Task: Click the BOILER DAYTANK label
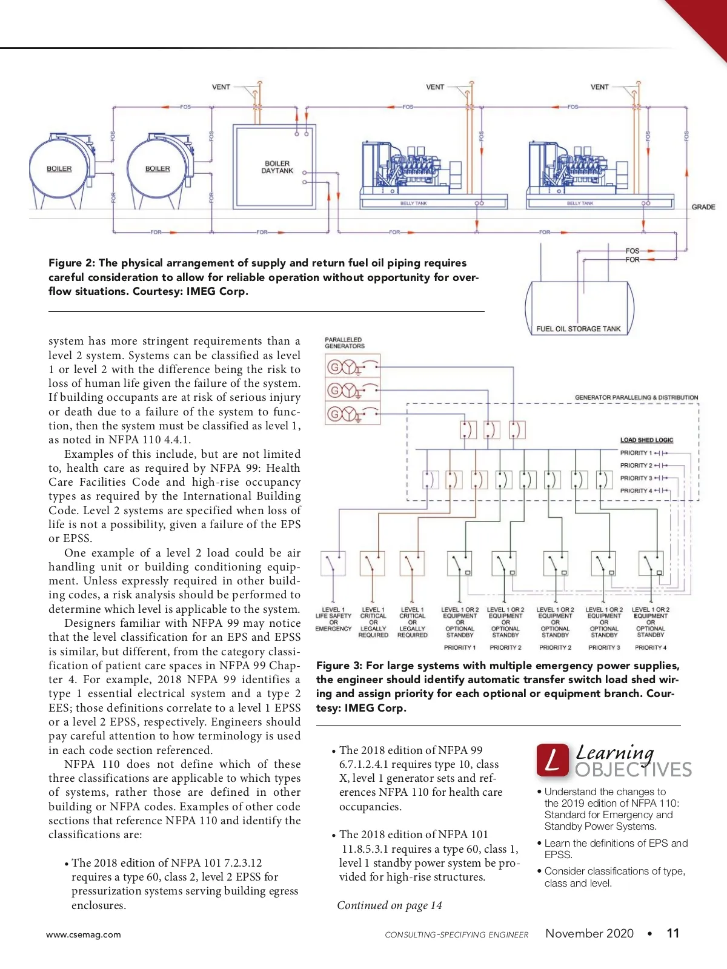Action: (x=277, y=167)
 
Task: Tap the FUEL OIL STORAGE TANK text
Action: (x=578, y=329)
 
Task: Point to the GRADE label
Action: (x=703, y=207)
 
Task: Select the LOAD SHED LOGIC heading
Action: (x=646, y=440)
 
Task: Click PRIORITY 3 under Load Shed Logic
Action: (x=636, y=478)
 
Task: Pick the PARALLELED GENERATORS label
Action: (x=344, y=343)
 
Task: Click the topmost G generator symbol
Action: (x=334, y=367)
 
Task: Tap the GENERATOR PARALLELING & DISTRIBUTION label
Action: (x=636, y=398)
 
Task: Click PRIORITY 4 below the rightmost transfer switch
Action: (x=650, y=647)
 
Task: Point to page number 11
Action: (x=672, y=933)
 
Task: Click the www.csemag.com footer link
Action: (x=84, y=934)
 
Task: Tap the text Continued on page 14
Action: (x=390, y=905)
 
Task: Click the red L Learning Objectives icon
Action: (x=552, y=760)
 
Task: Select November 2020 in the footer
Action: (x=589, y=933)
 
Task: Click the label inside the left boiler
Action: (x=59, y=168)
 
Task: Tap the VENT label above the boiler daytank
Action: (x=221, y=87)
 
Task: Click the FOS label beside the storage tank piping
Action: (x=632, y=251)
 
